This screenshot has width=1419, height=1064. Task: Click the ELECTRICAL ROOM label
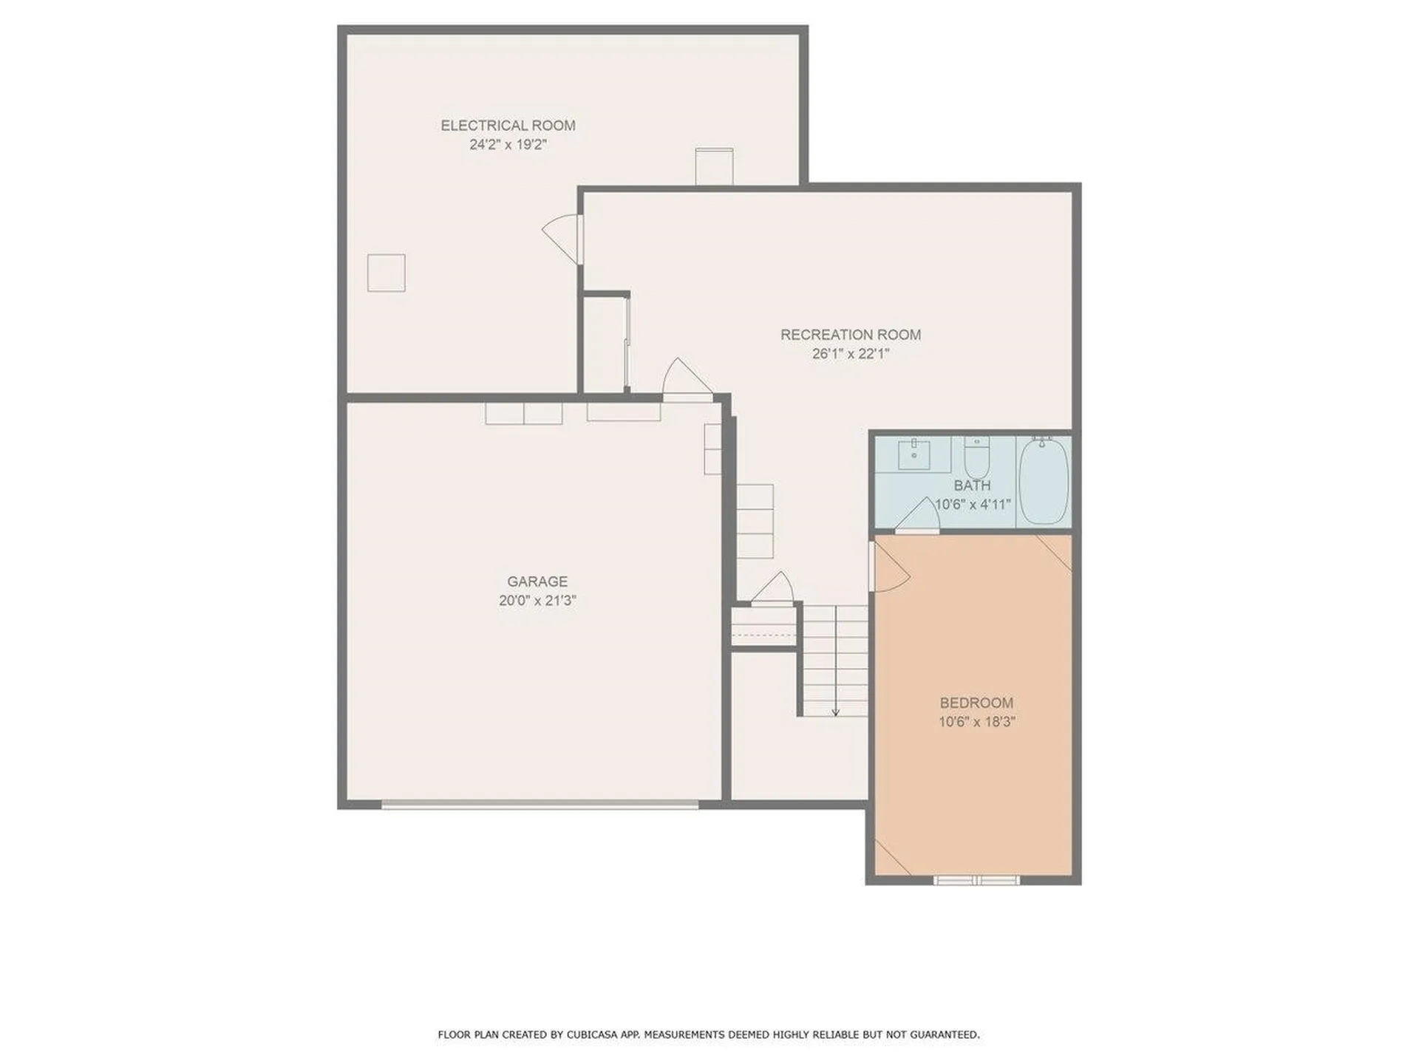[x=508, y=126]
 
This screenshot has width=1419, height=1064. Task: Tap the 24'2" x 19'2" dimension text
[x=508, y=145]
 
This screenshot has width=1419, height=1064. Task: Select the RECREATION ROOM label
[x=851, y=335]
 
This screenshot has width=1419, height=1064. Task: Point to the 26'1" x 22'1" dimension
[x=851, y=354]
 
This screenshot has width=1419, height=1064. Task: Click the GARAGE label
[x=537, y=582]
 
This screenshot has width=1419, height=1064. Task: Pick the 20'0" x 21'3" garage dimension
[x=537, y=601]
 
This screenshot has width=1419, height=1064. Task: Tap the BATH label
[x=972, y=485]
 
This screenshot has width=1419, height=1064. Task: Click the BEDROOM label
[x=976, y=703]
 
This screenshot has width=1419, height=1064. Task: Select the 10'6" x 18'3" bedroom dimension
[x=976, y=722]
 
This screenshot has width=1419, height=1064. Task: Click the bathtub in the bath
[x=1044, y=481]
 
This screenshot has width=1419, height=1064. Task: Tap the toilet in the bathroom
[x=977, y=457]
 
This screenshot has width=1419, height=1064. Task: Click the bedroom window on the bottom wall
[x=976, y=880]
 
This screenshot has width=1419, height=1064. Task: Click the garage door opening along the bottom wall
[x=540, y=805]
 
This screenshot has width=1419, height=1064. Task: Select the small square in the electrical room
[x=386, y=273]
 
